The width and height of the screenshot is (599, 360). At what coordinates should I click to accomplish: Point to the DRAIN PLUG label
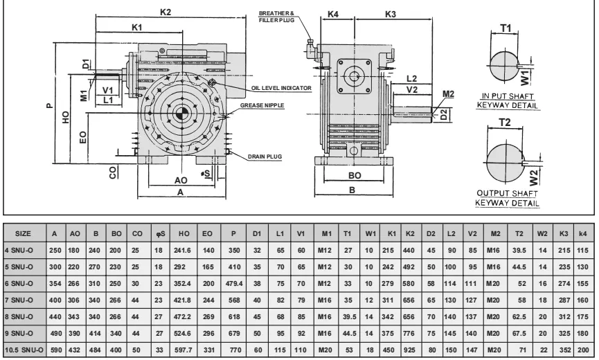pyautogui.click(x=266, y=157)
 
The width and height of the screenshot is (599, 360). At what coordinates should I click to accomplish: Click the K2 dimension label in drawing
pyautogui.click(x=166, y=12)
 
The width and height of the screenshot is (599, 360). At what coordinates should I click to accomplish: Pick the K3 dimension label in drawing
pyautogui.click(x=390, y=14)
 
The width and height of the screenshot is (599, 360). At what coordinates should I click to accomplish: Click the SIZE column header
pyautogui.click(x=22, y=234)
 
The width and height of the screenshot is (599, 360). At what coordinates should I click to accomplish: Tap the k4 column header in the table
pyautogui.click(x=584, y=234)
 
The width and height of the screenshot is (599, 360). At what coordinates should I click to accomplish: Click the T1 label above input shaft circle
pyautogui.click(x=506, y=28)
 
